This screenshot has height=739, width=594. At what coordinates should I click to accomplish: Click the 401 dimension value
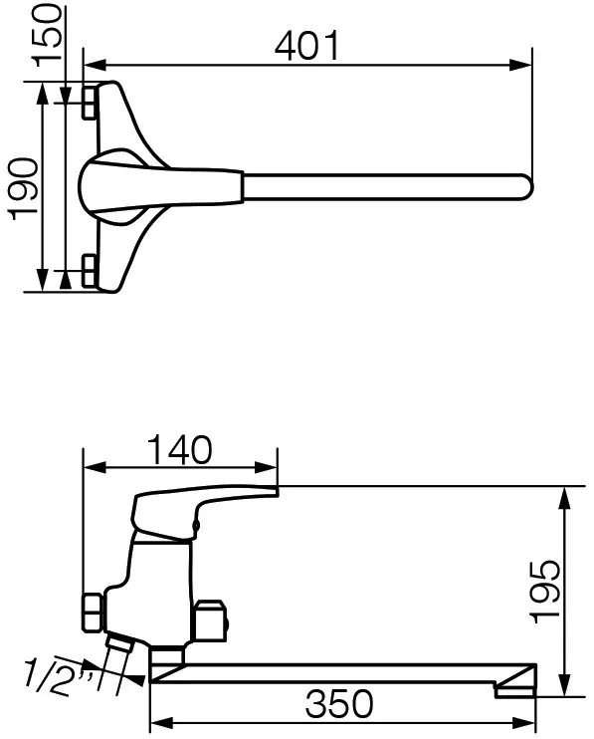306,46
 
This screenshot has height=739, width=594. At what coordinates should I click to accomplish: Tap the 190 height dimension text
23,189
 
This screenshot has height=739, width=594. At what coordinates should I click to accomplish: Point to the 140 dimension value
180,449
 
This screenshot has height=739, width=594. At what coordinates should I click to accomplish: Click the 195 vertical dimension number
545,592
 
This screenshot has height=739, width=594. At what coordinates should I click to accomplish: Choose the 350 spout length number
339,704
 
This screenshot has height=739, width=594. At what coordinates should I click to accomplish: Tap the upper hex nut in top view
89,103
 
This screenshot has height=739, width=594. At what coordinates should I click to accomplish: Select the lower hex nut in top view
89,271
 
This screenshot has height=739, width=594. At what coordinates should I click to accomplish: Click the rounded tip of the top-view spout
527,187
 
